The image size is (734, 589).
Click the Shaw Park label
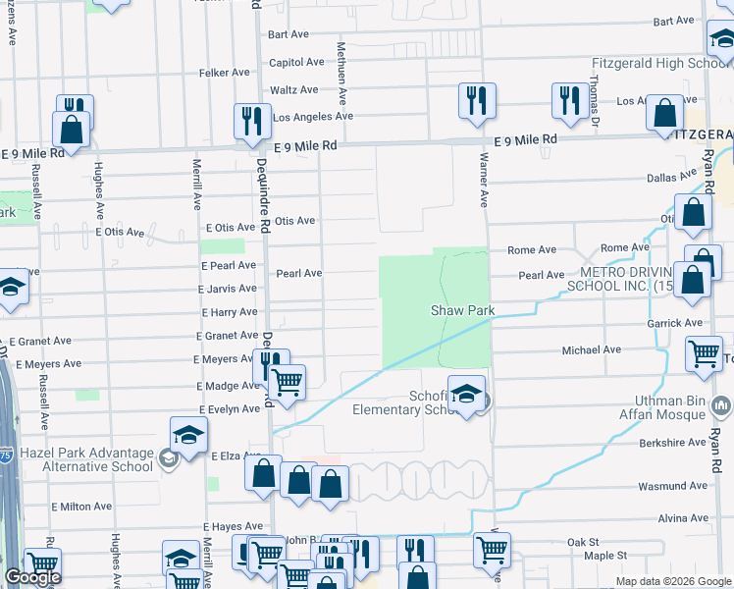click(461, 310)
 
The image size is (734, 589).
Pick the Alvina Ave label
click(684, 517)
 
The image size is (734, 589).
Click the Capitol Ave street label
click(296, 61)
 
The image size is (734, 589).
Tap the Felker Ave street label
click(227, 73)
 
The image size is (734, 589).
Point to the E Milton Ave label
click(81, 507)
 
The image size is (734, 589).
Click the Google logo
click(32, 577)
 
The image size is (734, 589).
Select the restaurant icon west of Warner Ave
click(477, 100)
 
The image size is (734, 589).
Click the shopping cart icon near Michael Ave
click(706, 356)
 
